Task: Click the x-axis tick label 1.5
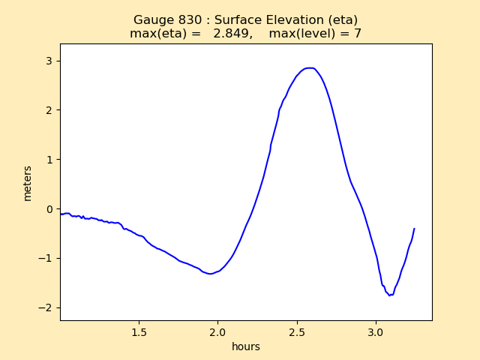(139, 331)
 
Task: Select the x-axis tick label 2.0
(217, 331)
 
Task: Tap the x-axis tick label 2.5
(297, 331)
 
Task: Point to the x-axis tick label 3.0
(376, 331)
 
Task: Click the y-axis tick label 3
(50, 61)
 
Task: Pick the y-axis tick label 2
(50, 110)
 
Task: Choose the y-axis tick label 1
(50, 160)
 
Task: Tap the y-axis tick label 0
(50, 209)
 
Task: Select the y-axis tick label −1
(47, 259)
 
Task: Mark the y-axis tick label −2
(47, 308)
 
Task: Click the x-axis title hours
(246, 346)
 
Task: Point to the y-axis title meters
(28, 183)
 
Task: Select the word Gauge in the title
(152, 19)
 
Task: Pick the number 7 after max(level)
(358, 34)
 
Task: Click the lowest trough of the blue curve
(389, 295)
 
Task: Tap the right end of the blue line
(414, 229)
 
